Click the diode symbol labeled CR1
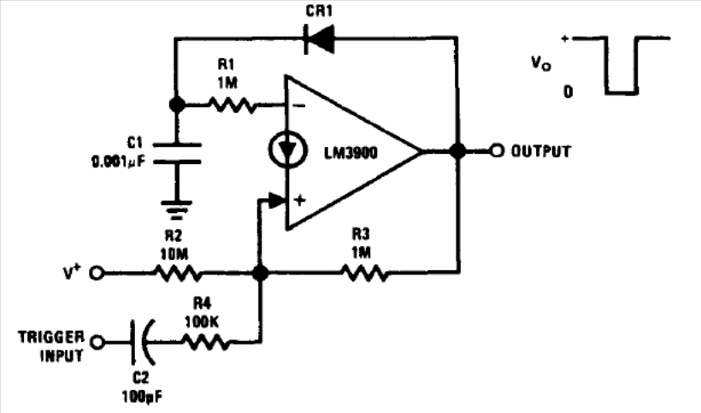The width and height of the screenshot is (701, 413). [315, 38]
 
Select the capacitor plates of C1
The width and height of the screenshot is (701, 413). [177, 152]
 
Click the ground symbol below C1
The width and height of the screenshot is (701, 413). [177, 204]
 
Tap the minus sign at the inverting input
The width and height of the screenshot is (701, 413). [299, 105]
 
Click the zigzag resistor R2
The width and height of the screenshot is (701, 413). [178, 274]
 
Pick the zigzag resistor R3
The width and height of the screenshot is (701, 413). [363, 274]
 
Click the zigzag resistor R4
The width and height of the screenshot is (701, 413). [206, 342]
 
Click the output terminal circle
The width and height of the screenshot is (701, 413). [498, 151]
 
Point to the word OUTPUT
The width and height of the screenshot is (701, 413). [540, 151]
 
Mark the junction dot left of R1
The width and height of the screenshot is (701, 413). [177, 104]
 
